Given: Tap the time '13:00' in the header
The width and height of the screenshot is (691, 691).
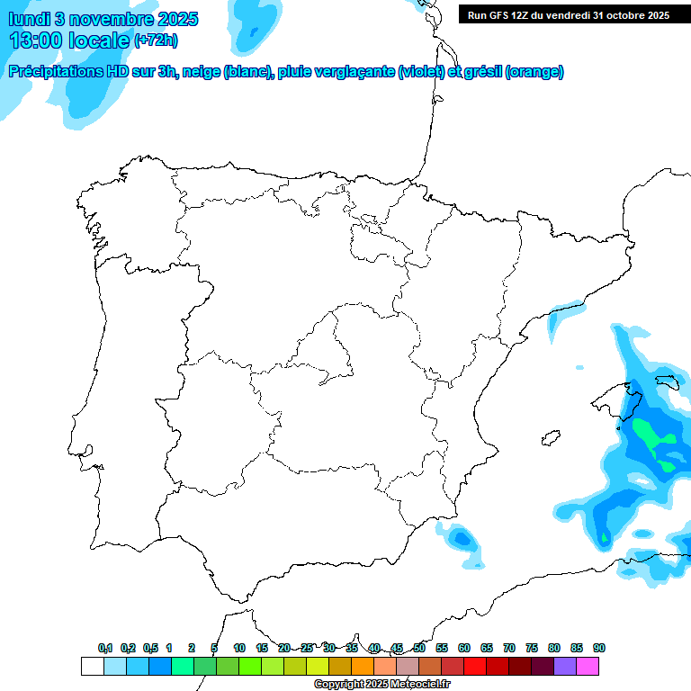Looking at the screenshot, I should [x=35, y=40].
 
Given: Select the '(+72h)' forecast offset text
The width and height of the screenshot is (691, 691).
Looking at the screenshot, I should [x=156, y=40].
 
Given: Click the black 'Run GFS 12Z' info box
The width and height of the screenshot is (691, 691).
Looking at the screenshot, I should [x=569, y=14].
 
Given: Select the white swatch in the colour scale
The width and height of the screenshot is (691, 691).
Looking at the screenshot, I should [x=92, y=667].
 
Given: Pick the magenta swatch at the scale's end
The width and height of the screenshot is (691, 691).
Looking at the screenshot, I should [x=588, y=667].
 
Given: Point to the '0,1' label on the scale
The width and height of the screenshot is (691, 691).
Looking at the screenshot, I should [x=105, y=649].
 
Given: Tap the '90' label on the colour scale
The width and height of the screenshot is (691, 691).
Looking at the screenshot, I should [x=599, y=649].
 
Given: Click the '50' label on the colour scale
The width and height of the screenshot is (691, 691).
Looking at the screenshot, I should [x=419, y=649].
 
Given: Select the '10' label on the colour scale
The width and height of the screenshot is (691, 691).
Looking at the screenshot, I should [x=239, y=649].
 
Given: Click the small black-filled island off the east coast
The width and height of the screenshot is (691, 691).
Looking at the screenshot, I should [x=546, y=439].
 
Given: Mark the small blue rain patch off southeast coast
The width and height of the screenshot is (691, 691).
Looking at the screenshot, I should [x=462, y=538].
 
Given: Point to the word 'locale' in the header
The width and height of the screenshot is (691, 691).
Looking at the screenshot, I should [x=99, y=40].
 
